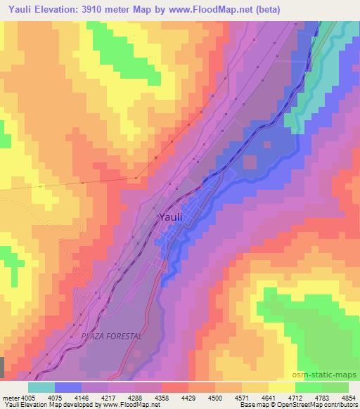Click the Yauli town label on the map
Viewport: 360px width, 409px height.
171,217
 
